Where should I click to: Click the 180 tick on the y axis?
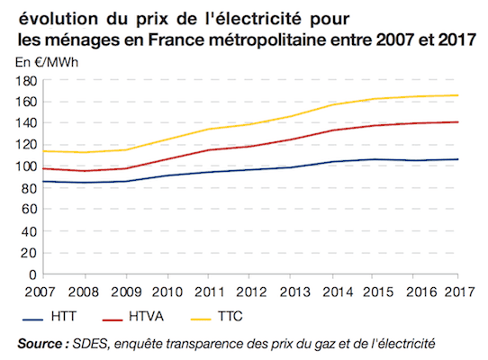tap(24, 81)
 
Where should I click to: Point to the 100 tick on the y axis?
tap(24, 166)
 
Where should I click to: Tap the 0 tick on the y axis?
tap(31, 274)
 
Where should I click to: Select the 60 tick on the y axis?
tap(27, 210)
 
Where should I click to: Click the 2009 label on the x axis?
tap(125, 291)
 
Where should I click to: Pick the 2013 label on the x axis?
tap(293, 291)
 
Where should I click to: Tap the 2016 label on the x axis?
tap(419, 291)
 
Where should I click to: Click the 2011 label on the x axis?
tap(209, 291)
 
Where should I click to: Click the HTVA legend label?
tap(149, 317)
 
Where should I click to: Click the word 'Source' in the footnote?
tap(40, 343)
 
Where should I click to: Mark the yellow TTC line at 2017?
tap(458, 95)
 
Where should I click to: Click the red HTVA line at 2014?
tap(334, 130)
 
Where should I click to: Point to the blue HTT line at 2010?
tap(167, 176)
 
